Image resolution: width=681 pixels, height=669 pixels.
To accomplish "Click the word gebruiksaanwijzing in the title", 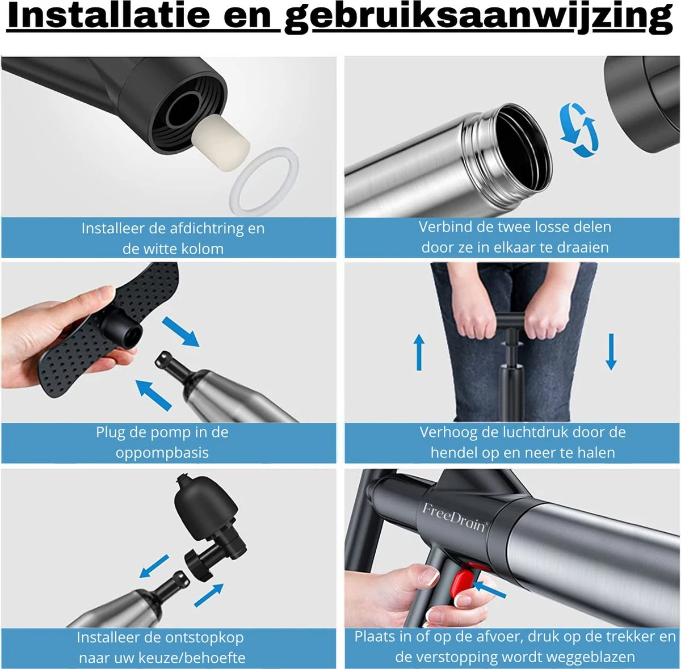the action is coord(478,18).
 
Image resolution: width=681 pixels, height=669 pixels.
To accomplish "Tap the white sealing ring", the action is coord(264,180).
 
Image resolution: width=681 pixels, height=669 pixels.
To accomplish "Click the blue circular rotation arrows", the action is coord(579,130).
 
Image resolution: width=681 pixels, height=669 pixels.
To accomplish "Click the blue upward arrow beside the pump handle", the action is coord(419,352).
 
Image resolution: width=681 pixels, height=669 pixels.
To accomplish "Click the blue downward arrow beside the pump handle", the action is coord(611,352).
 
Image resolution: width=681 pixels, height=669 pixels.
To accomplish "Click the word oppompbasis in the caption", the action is coord(162,453).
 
